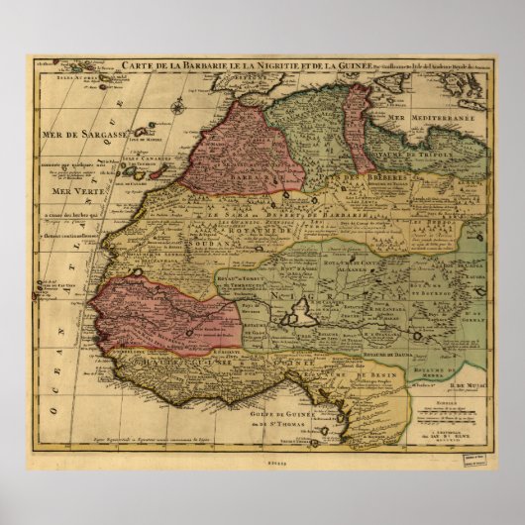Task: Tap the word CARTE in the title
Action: (x=139, y=66)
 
